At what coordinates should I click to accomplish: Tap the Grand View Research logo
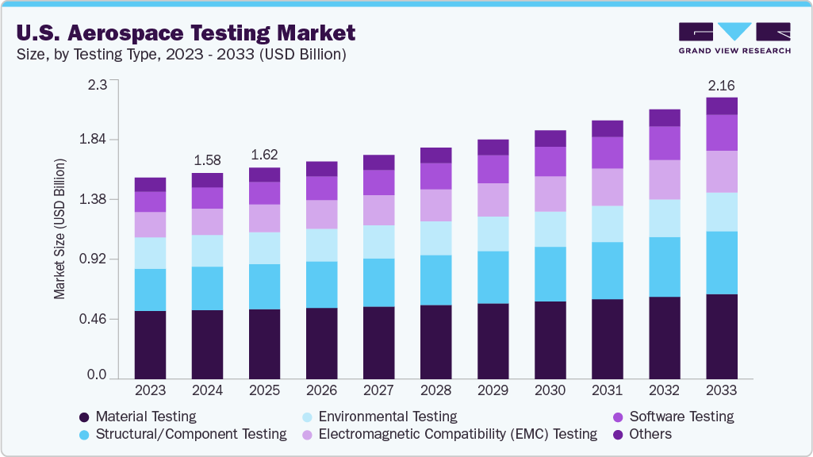pos(734,38)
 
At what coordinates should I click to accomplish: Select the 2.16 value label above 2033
pos(721,85)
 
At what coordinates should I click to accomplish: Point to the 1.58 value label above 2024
pos(207,160)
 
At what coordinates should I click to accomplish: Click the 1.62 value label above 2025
pos(264,155)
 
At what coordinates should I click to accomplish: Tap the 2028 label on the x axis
pos(435,391)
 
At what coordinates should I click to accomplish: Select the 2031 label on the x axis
pos(607,391)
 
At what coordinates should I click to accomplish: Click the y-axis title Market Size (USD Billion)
pos(59,228)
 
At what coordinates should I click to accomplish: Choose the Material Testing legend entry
pos(145,417)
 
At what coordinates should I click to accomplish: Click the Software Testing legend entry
pos(681,417)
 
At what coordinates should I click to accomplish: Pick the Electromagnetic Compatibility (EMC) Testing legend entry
pos(458,434)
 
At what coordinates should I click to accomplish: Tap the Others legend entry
pos(650,434)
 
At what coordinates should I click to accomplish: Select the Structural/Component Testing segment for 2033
pos(721,263)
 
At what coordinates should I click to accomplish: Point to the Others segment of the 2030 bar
pos(550,138)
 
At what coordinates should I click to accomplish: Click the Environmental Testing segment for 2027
pos(378,242)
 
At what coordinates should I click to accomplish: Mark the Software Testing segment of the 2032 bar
pos(664,143)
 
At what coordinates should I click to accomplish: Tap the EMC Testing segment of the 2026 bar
pos(321,214)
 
